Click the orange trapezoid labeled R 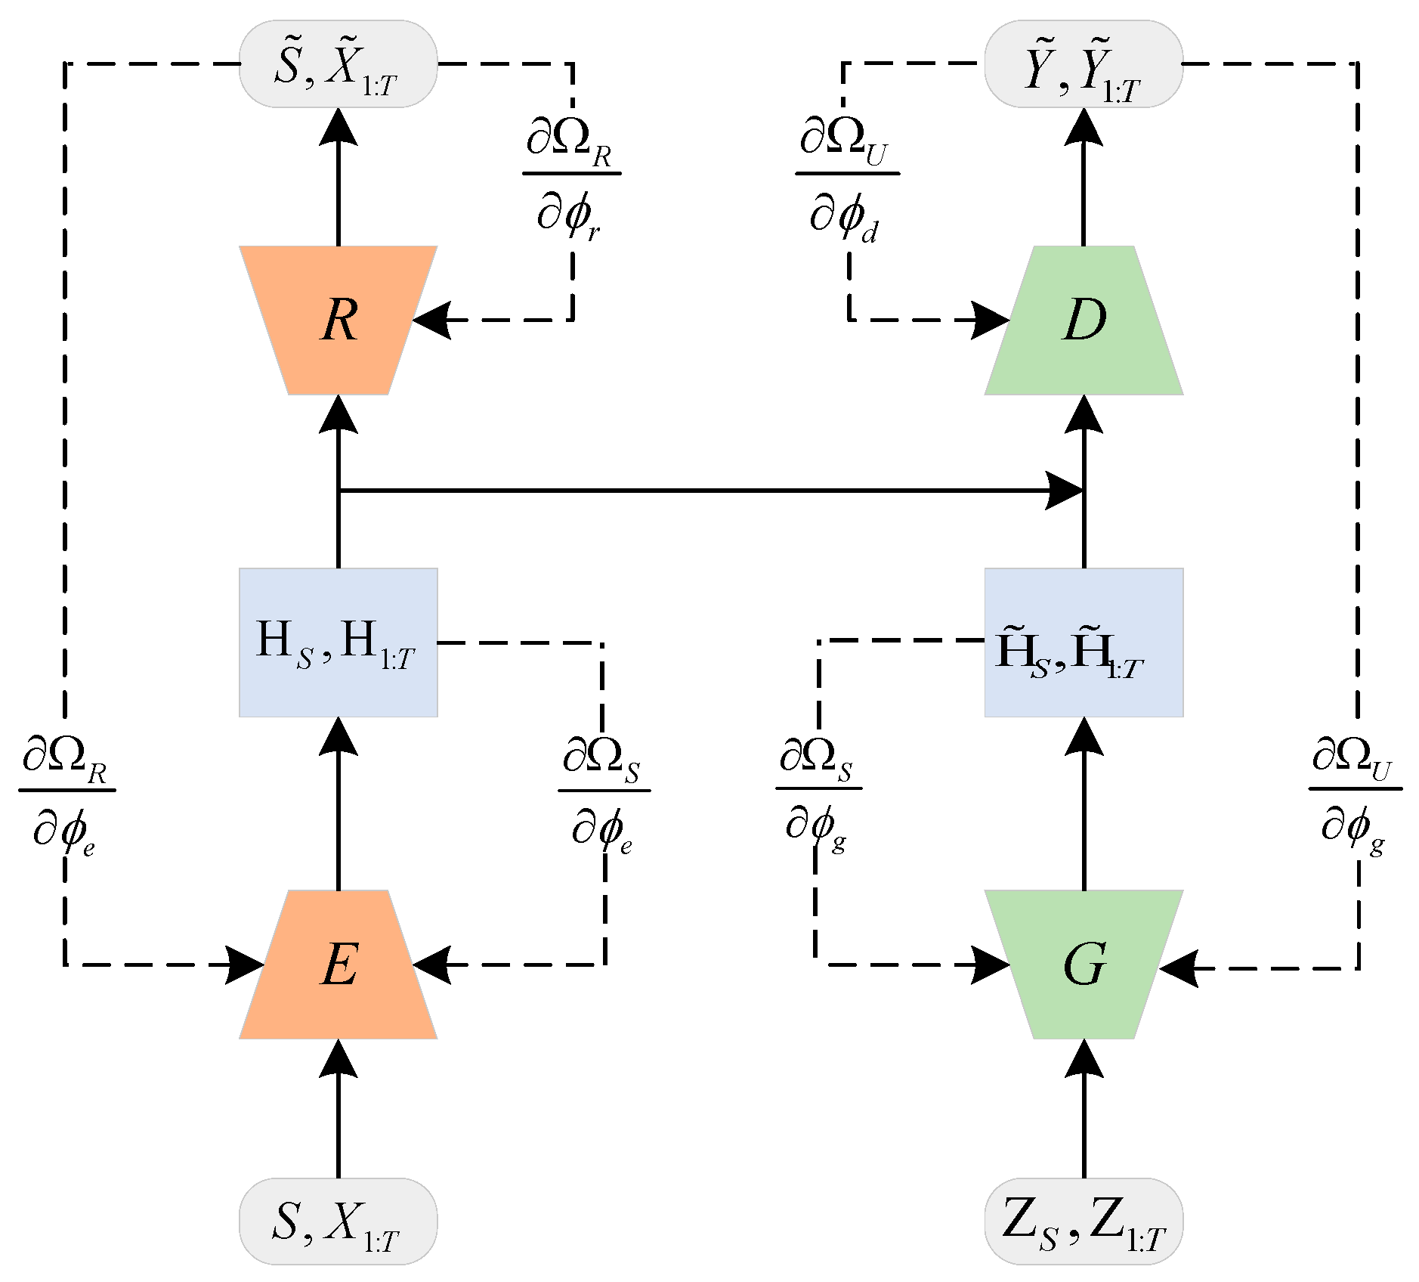[338, 320]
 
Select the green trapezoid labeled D [1084, 320]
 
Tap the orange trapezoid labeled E [338, 965]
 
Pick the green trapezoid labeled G [1084, 965]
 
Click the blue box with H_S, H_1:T [338, 643]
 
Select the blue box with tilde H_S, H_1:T [1084, 643]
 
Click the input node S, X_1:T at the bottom [338, 1221]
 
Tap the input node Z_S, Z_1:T [1084, 1221]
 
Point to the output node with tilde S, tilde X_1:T [338, 64]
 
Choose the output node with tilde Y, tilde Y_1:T [1084, 64]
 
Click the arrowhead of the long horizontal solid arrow [1065, 491]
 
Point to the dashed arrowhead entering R [431, 320]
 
